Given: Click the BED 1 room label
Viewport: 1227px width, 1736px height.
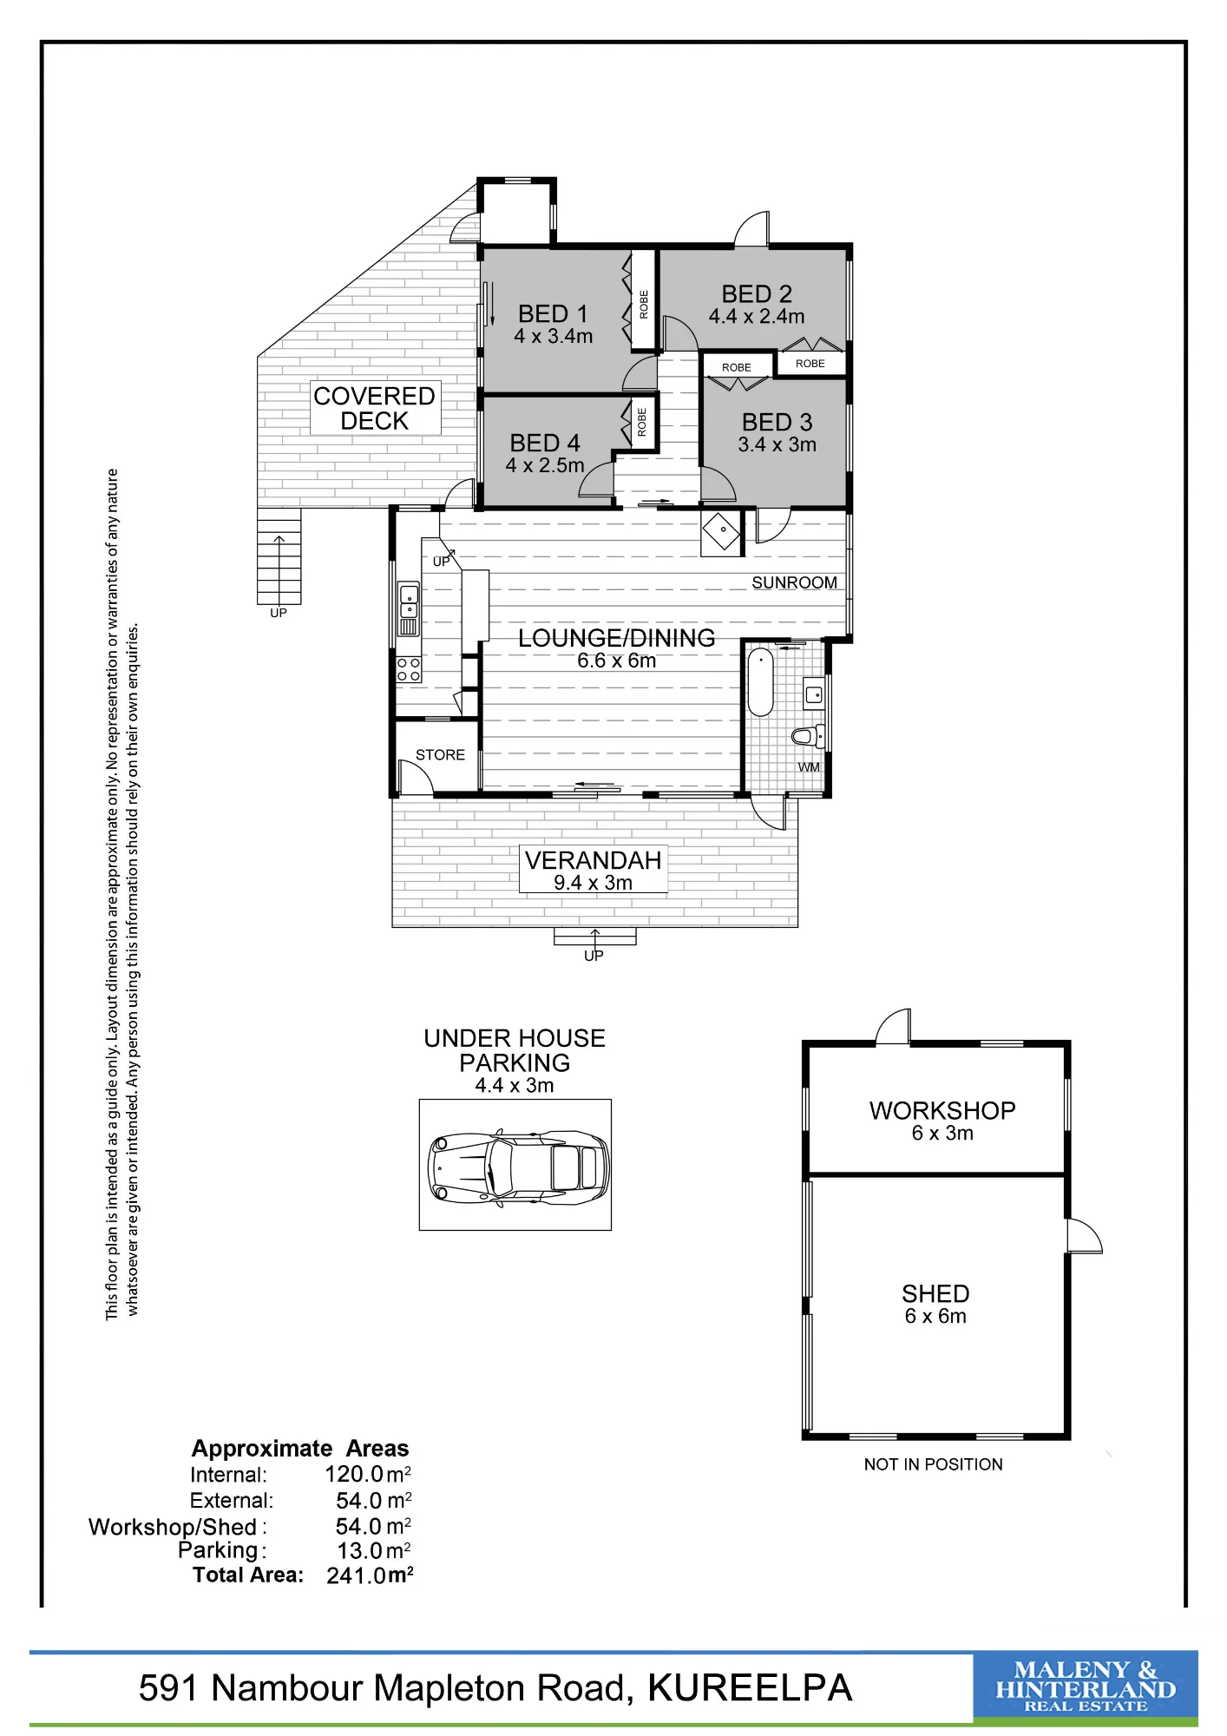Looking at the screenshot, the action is [x=553, y=313].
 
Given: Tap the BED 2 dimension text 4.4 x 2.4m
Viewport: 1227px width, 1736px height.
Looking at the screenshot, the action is [x=757, y=317].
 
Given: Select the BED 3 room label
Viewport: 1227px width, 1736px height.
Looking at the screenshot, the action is [x=777, y=422].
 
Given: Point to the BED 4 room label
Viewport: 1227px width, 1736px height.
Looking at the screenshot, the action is [x=545, y=443].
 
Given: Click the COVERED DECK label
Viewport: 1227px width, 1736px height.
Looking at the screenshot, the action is [x=374, y=408].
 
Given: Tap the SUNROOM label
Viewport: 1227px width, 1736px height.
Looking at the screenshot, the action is [x=794, y=582].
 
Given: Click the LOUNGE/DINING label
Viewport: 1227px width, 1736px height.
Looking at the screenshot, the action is [x=616, y=638].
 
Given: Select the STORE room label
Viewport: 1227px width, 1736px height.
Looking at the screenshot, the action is [x=440, y=755].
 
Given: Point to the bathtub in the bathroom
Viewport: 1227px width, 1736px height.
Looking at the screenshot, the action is [x=760, y=681].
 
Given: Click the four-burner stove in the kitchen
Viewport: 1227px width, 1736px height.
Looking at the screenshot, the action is [x=409, y=669].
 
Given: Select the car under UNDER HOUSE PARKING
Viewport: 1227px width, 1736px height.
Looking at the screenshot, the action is [x=518, y=1167].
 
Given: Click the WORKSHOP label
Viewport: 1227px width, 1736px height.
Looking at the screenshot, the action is [x=942, y=1110].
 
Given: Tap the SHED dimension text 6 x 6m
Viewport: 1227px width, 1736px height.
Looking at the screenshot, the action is [x=935, y=1316].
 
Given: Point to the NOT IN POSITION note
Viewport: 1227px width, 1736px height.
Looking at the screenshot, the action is [x=933, y=1464].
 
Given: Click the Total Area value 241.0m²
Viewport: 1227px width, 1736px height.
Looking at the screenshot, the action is [x=370, y=1575].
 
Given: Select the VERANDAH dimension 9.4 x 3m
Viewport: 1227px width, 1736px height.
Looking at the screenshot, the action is [x=594, y=883].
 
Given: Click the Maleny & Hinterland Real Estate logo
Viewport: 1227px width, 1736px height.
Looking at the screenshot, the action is [x=1086, y=1687].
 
